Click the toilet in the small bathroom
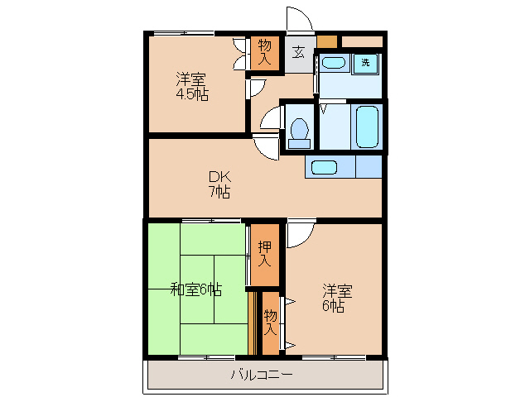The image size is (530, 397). point(299,132)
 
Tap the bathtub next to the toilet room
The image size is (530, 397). point(366,126)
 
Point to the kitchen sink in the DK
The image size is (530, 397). point(324,167)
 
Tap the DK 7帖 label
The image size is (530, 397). point(219,184)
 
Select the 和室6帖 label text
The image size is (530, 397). point(195,289)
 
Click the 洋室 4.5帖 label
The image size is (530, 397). point(191,87)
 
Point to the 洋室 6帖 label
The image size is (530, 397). point(336,299)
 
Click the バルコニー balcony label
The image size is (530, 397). point(262,375)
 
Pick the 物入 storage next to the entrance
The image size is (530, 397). point(265,52)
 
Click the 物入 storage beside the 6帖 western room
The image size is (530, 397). point(271,322)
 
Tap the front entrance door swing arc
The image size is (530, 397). point(297,20)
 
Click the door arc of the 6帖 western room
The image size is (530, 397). point(298,235)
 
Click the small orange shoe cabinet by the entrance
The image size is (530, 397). point(327,41)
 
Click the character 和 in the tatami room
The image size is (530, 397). point(177,289)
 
